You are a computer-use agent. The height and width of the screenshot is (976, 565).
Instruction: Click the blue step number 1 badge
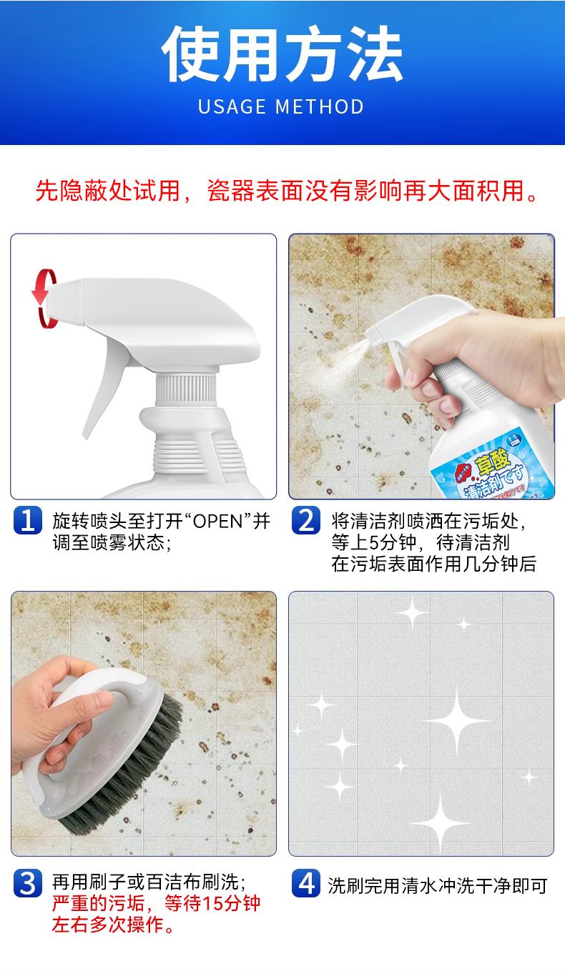point(28,520)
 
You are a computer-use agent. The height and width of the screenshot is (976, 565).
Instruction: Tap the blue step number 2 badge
point(306,520)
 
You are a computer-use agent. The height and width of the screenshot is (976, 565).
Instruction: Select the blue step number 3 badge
point(28,883)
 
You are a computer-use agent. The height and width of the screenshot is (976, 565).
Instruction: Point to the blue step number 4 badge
point(306,883)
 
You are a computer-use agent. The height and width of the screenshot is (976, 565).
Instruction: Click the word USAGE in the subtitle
point(232,106)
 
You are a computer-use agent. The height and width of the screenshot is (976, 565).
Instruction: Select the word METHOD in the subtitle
point(320,106)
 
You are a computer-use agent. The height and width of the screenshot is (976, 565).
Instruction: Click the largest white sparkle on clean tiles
point(457,719)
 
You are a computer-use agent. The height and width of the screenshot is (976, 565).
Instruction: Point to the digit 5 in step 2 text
point(375,542)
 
